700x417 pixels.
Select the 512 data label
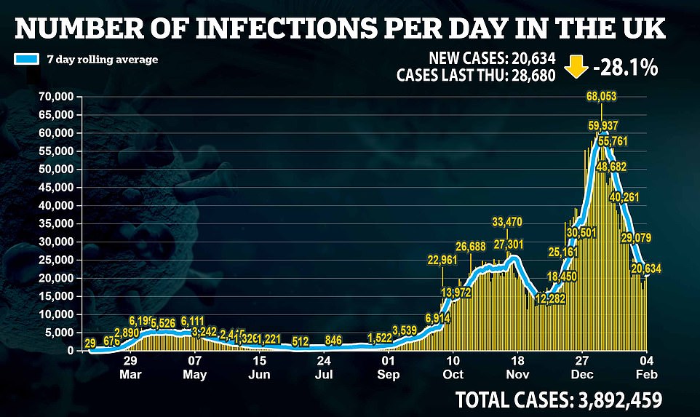click(302, 339)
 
